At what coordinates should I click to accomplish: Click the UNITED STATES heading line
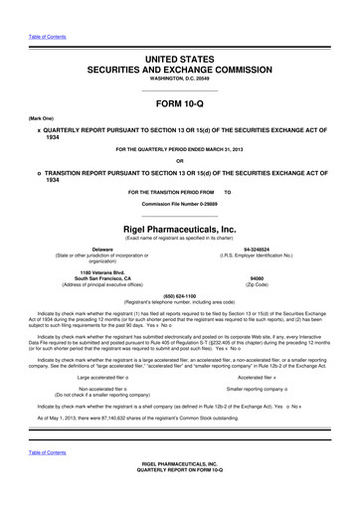180,61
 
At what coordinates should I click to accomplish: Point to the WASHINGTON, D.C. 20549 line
180,83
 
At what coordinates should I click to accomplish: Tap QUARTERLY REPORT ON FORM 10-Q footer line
180,497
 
